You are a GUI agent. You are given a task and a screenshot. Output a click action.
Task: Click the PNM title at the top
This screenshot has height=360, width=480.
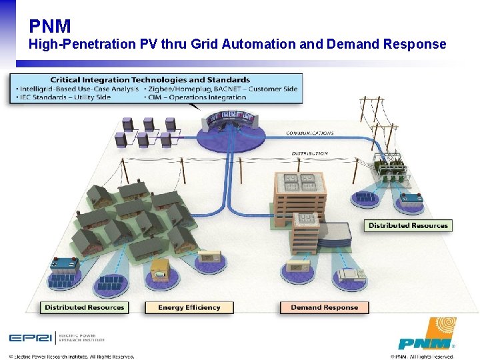pyautogui.click(x=50, y=26)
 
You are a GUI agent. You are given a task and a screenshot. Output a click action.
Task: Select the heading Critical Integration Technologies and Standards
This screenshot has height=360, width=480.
pyautogui.click(x=150, y=80)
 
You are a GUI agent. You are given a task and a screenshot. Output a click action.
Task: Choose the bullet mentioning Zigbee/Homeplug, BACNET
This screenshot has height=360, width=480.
pyautogui.click(x=220, y=89)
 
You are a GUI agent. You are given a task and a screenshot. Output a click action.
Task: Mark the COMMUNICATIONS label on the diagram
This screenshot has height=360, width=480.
pyautogui.click(x=310, y=133)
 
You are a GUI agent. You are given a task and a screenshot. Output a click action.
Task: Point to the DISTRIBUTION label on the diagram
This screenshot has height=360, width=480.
pyautogui.click(x=310, y=153)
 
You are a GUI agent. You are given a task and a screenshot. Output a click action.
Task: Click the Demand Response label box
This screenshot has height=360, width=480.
pyautogui.click(x=325, y=307)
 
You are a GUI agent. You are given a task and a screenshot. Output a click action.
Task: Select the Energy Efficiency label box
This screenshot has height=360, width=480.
pyautogui.click(x=189, y=307)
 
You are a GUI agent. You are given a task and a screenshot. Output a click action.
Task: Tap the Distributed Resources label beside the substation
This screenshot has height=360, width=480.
pyautogui.click(x=408, y=225)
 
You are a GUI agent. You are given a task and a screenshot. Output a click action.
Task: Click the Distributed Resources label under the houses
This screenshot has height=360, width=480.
pyautogui.click(x=84, y=307)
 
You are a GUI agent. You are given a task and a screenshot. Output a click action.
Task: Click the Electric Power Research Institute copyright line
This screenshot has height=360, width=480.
pyautogui.click(x=72, y=356)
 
